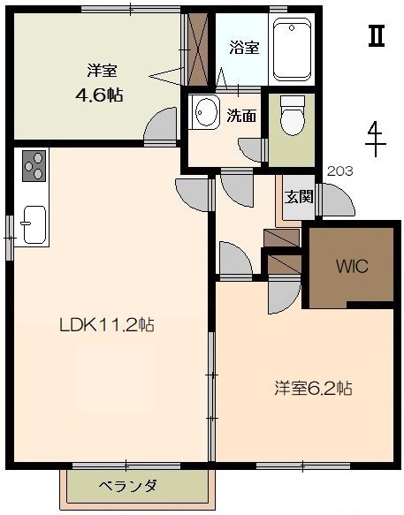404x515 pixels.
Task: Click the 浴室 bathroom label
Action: point(244,48)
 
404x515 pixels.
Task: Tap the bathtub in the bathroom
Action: point(292,49)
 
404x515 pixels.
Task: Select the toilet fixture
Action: point(293,116)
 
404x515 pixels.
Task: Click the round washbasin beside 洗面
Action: point(207,111)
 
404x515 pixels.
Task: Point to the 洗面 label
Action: point(241,116)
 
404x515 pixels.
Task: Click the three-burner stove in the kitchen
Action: point(34,166)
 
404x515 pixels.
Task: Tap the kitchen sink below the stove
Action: point(34,224)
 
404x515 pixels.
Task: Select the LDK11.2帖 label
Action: point(106,325)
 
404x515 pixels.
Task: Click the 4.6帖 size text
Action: point(100,95)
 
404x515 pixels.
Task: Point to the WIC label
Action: point(352,266)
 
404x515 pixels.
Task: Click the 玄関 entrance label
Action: point(299,197)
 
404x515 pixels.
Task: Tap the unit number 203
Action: point(340,171)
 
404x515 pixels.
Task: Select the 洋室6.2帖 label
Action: point(313,389)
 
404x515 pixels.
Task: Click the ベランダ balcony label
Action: point(127,486)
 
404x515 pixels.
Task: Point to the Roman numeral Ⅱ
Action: point(377,36)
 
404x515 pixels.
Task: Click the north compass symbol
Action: point(376,139)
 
